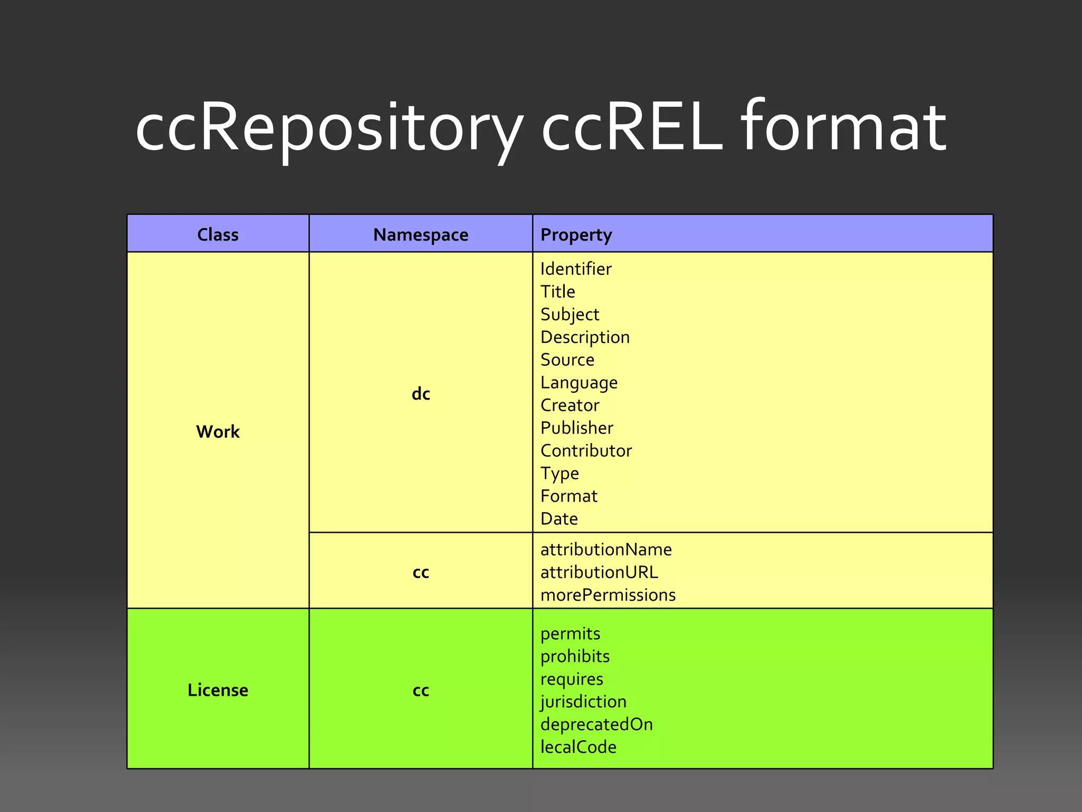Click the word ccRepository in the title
click(x=329, y=128)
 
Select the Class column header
click(x=218, y=234)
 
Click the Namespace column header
click(x=421, y=234)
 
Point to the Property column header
click(x=576, y=234)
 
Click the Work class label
click(x=218, y=431)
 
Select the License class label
click(x=218, y=690)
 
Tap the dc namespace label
click(x=421, y=394)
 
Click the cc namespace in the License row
click(x=421, y=690)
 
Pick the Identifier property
click(x=576, y=269)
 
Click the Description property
click(x=585, y=337)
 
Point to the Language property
click(x=579, y=383)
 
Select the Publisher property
click(x=577, y=428)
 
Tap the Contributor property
click(x=586, y=450)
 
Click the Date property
click(x=559, y=519)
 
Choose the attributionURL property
click(x=599, y=572)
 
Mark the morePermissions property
click(x=608, y=595)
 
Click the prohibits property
click(x=575, y=656)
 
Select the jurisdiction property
click(x=583, y=702)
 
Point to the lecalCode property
click(x=578, y=747)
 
